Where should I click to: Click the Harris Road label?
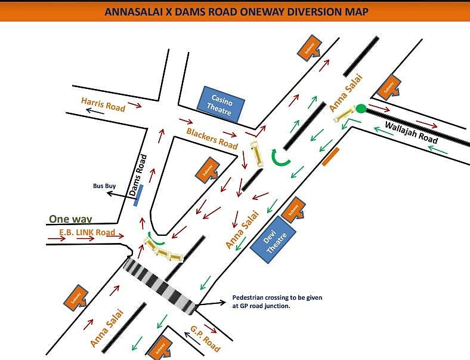coord(103,104)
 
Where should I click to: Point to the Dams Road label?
coord(138,176)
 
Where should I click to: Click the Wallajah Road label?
coord(412,133)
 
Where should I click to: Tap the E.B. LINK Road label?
coord(87,232)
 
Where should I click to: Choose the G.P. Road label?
coord(205,338)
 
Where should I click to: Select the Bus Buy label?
coord(104,186)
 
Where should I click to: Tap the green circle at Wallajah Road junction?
coord(361,109)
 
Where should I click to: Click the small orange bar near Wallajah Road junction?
coord(330,156)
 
